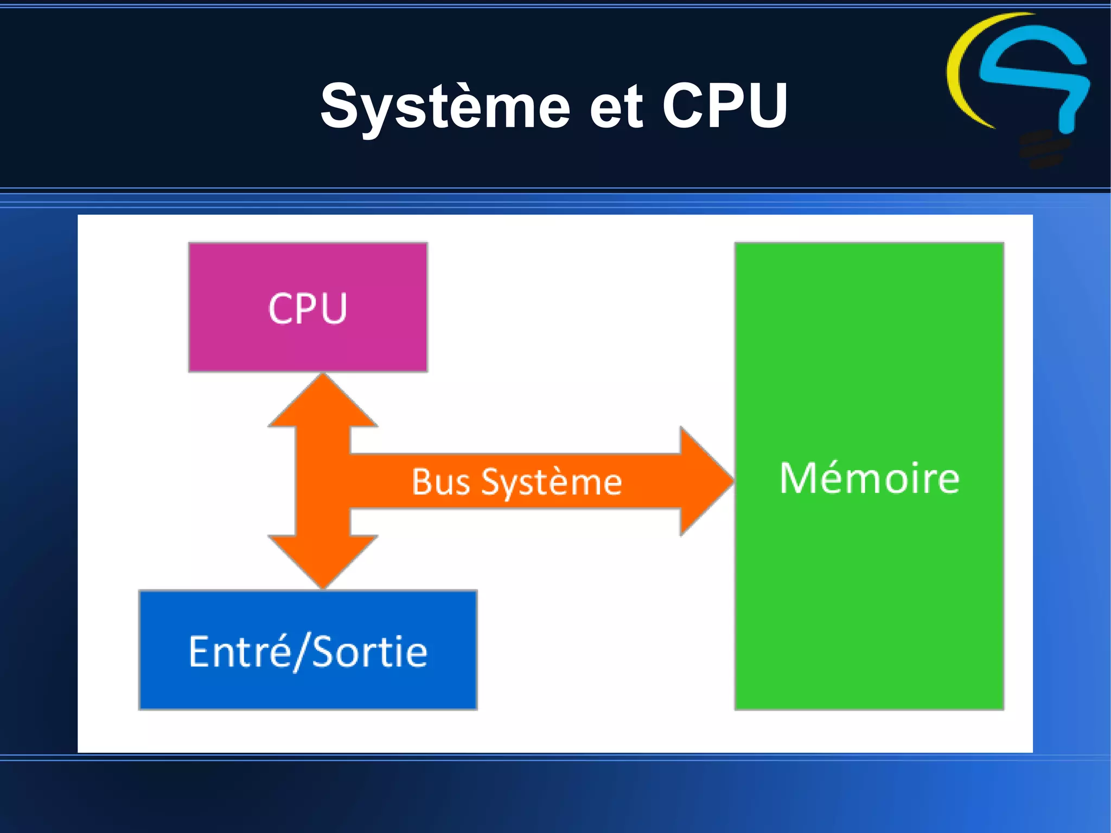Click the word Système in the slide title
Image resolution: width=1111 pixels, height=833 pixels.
[445, 106]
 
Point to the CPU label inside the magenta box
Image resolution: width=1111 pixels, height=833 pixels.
[308, 308]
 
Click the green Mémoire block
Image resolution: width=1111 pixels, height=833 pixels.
[869, 597]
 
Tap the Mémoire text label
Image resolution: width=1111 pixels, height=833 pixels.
[869, 479]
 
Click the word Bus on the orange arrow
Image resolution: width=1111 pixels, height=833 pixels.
[440, 481]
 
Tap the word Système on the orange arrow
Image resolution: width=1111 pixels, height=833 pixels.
[551, 482]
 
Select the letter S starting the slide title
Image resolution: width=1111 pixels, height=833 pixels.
[340, 106]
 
